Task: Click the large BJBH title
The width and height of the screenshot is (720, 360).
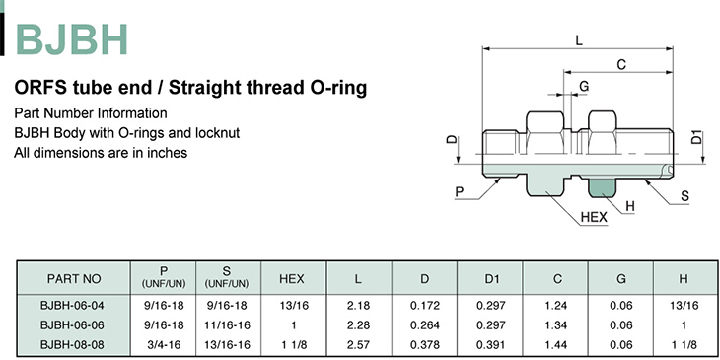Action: (x=71, y=39)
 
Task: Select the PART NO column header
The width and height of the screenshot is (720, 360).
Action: (x=73, y=279)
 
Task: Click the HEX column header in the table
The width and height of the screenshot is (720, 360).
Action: (x=292, y=279)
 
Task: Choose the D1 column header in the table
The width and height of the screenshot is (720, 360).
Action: (x=492, y=279)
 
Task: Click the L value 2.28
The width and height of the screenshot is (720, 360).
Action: (x=358, y=325)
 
